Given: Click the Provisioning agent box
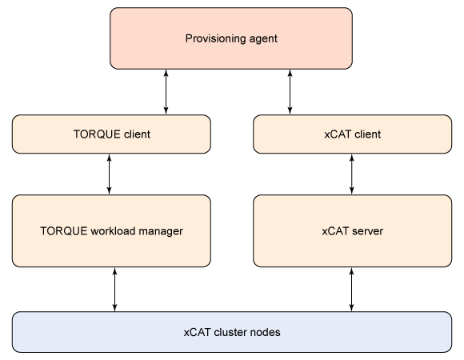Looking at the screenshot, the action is coord(231,38).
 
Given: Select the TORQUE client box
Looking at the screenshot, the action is coord(111,134).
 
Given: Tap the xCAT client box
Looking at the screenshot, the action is coord(353,134).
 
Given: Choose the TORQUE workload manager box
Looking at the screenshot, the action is coord(111,230).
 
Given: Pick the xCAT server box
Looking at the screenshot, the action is coord(353,230).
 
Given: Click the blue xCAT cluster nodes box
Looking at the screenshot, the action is coord(232,332).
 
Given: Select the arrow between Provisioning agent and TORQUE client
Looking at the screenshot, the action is coord(166,92).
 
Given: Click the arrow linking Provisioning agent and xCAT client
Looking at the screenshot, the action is coord(290,92).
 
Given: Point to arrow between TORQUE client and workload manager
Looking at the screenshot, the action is coord(109,174).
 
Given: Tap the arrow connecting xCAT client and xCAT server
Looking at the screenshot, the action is coord(352,174).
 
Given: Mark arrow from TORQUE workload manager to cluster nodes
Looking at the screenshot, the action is coord(115,290).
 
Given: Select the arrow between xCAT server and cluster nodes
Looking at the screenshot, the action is coord(351,290).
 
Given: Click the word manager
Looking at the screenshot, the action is coord(161,231).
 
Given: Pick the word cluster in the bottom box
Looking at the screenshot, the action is coord(230,332).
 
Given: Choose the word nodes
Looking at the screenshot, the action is coord(265,332).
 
